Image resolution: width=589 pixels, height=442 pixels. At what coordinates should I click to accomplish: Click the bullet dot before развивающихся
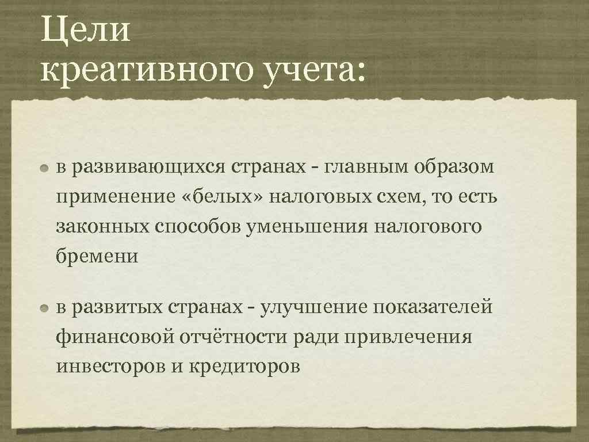[x=45, y=168]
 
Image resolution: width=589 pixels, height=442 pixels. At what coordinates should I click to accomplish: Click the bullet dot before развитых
[x=45, y=308]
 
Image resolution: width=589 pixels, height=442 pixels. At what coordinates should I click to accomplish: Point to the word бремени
[x=97, y=256]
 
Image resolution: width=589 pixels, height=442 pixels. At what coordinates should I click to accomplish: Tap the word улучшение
[x=313, y=307]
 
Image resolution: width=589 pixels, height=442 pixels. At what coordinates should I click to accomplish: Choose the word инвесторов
[x=111, y=366]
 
